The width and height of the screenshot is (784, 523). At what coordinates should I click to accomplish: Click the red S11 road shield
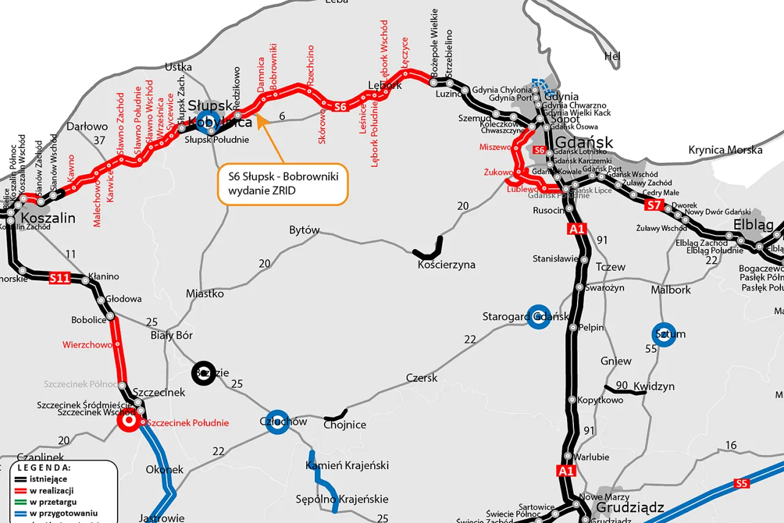59,278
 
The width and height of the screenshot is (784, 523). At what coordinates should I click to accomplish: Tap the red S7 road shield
653,205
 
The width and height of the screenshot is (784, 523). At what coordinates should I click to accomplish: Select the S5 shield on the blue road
742,484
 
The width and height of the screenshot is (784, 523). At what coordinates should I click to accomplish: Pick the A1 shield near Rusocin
577,229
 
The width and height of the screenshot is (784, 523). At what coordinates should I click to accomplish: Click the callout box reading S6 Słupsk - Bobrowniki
282,183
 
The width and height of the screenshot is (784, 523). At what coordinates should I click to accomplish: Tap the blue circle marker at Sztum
663,334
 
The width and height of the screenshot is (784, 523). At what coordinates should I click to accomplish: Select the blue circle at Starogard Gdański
539,316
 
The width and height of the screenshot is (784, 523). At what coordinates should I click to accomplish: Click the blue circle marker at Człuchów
277,422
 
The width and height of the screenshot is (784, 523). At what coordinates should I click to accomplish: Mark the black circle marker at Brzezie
203,373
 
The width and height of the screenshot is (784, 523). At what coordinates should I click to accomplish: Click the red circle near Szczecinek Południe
129,421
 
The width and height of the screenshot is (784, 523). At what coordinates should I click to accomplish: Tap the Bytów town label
304,230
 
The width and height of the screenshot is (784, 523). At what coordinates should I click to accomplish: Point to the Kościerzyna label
446,265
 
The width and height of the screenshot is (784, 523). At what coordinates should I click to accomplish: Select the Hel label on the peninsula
612,56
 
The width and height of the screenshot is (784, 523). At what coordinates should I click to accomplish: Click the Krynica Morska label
725,150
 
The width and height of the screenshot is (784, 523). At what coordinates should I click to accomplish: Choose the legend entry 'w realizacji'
51,491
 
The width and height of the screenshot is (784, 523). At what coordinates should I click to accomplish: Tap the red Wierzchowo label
87,345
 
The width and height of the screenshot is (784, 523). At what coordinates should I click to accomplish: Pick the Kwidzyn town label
654,386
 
